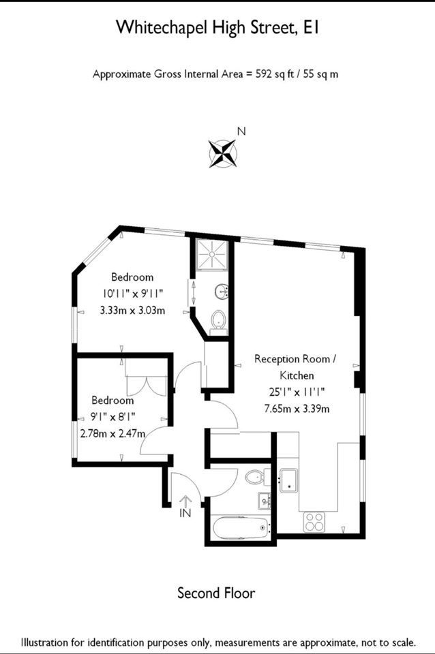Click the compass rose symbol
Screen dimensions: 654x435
click(222, 153)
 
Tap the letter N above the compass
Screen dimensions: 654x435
click(241, 131)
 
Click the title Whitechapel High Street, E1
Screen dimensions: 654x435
click(217, 27)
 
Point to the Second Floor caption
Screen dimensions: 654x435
click(216, 593)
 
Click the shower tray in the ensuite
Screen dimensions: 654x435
click(212, 254)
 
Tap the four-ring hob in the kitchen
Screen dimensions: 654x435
click(314, 522)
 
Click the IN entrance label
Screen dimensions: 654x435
click(185, 513)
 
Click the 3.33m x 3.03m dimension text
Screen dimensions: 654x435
click(132, 311)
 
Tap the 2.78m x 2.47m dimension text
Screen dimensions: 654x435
click(113, 433)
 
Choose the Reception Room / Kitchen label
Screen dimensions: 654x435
click(295, 367)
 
